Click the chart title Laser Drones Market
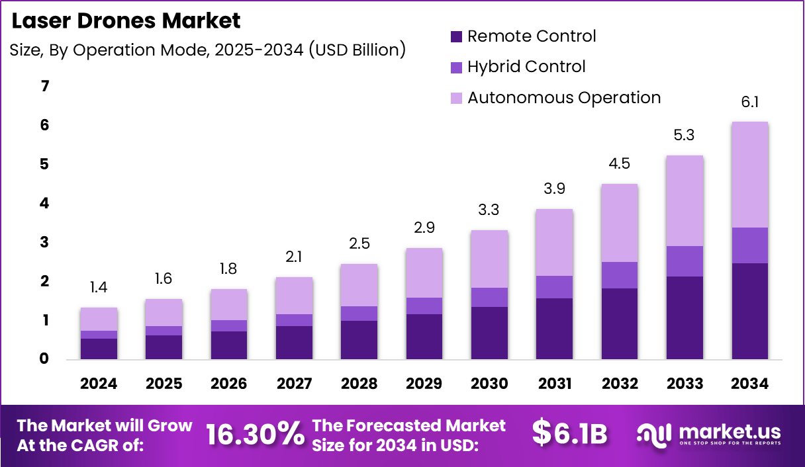(126, 21)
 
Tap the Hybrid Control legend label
(526, 67)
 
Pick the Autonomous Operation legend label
(564, 98)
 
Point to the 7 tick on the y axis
(45, 86)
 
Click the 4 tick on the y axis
(45, 203)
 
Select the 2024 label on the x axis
(99, 384)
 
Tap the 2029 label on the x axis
(424, 384)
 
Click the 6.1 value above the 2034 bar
(749, 102)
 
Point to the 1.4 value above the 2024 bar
(99, 288)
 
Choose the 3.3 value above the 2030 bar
(489, 210)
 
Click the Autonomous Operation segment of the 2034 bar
(749, 175)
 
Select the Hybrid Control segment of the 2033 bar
(685, 261)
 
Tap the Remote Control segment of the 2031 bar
(554, 329)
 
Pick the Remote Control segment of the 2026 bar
(229, 345)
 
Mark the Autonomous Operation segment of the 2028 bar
(359, 285)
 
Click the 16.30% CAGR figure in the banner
(254, 434)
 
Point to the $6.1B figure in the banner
(569, 433)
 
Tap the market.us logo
(708, 434)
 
